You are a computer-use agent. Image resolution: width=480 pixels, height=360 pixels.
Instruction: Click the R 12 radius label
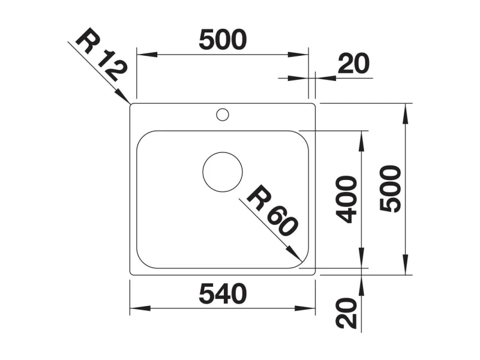(101, 55)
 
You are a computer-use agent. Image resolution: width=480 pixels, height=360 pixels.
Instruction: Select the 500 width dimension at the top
(223, 40)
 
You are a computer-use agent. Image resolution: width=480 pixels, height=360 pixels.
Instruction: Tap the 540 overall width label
(223, 294)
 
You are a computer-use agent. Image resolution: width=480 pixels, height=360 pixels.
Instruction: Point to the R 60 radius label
(272, 211)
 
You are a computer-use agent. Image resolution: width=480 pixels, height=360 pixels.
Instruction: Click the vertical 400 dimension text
(346, 199)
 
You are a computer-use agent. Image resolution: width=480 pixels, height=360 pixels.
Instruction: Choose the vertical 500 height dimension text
(390, 188)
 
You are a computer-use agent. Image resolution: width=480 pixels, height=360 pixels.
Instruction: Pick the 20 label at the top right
(353, 64)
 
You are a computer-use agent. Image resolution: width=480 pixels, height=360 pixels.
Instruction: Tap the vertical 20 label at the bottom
(346, 313)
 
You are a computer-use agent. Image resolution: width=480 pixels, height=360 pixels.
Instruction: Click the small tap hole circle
(223, 115)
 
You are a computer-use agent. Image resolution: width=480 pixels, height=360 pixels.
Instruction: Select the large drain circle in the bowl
(223, 172)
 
